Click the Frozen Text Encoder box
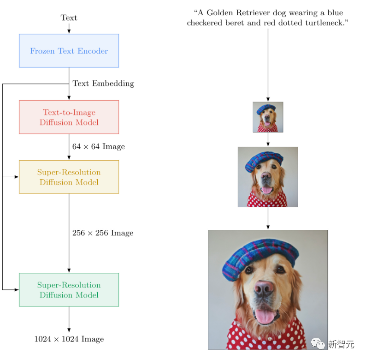pyautogui.click(x=69, y=51)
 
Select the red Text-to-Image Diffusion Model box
pyautogui.click(x=69, y=117)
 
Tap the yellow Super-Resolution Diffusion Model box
pyautogui.click(x=69, y=177)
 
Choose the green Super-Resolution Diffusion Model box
pyautogui.click(x=69, y=290)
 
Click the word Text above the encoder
pyautogui.click(x=69, y=18)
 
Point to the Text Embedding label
pyautogui.click(x=103, y=84)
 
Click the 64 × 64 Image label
pyautogui.click(x=98, y=146)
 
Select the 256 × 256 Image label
pyautogui.click(x=103, y=233)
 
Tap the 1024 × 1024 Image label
pyautogui.click(x=69, y=339)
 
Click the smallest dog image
pyautogui.click(x=268, y=117)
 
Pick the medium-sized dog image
pyautogui.click(x=268, y=177)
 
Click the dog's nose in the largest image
pyautogui.click(x=264, y=288)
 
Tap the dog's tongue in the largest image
pyautogui.click(x=265, y=316)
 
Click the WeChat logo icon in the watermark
pyautogui.click(x=318, y=343)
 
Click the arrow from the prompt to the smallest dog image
pyautogui.click(x=268, y=65)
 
